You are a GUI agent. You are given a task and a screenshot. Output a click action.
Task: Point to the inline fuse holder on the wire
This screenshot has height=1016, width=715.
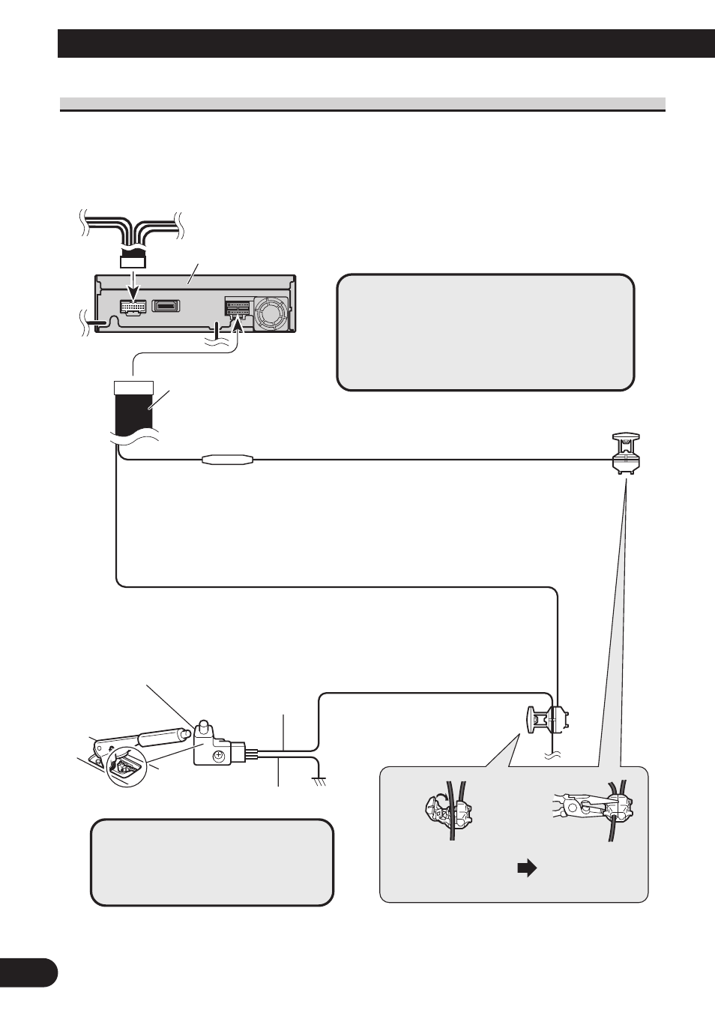coord(229,460)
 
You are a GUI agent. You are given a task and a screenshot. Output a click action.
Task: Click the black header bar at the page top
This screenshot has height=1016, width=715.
coord(385,43)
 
